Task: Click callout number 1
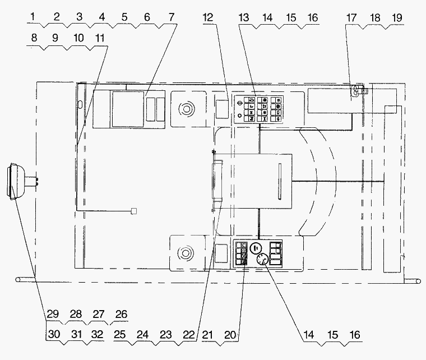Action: (x=33, y=17)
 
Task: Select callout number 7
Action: (x=171, y=17)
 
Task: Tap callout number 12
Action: (x=208, y=17)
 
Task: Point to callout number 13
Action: (x=244, y=17)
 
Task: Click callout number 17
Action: (x=351, y=18)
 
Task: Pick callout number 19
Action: (x=397, y=18)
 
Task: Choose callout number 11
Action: (x=100, y=38)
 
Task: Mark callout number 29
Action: (x=53, y=314)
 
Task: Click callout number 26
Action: (x=121, y=315)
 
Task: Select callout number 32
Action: (x=98, y=334)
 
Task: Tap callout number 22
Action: (x=189, y=335)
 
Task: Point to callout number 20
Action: (x=230, y=335)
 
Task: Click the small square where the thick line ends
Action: (x=133, y=211)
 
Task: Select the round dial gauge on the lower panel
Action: (x=262, y=260)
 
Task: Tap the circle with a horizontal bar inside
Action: (x=256, y=248)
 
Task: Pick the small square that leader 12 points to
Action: (x=222, y=109)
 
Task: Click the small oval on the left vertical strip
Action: (x=80, y=104)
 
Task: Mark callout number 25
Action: (x=119, y=335)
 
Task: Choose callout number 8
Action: (x=34, y=38)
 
